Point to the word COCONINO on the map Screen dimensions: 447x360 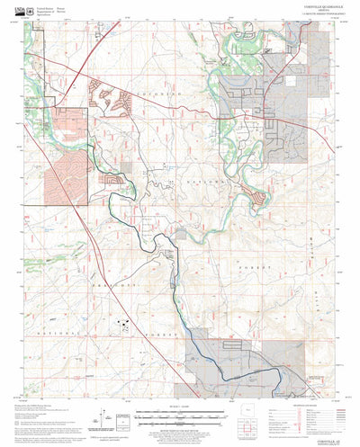click(160, 93)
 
